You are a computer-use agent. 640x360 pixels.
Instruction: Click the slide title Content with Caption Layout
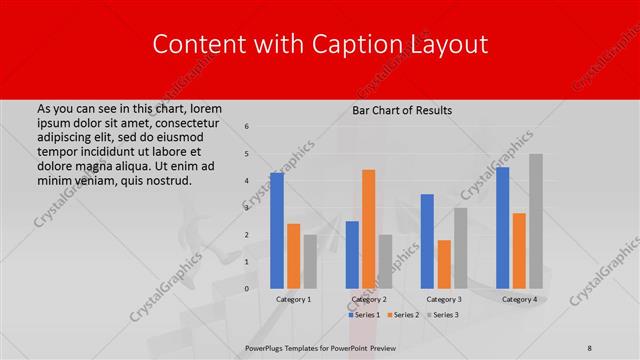[x=319, y=44]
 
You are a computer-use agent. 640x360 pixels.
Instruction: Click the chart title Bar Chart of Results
[x=402, y=110]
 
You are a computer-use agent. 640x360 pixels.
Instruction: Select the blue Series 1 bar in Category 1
[x=277, y=230]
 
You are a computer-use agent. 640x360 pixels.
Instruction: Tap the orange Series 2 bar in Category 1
[x=293, y=256]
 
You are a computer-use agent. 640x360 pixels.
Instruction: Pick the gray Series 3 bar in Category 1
[x=310, y=261]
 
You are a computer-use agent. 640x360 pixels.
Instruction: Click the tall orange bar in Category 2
[x=368, y=229]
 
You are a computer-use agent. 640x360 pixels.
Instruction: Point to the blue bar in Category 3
[x=427, y=241]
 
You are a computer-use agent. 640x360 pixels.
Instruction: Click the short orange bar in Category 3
[x=444, y=264]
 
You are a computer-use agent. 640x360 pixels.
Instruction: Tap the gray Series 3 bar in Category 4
[x=536, y=221]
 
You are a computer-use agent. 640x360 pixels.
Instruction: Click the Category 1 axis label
[x=294, y=299]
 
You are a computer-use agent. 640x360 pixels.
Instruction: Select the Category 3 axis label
[x=444, y=299]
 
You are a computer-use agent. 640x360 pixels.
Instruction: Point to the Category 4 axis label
[x=519, y=299]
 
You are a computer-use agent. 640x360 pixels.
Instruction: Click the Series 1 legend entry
[x=364, y=315]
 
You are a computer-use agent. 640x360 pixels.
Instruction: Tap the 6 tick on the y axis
[x=247, y=127]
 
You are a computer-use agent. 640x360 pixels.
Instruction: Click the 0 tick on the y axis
[x=247, y=289]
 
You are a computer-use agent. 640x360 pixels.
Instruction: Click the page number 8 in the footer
[x=590, y=348]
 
